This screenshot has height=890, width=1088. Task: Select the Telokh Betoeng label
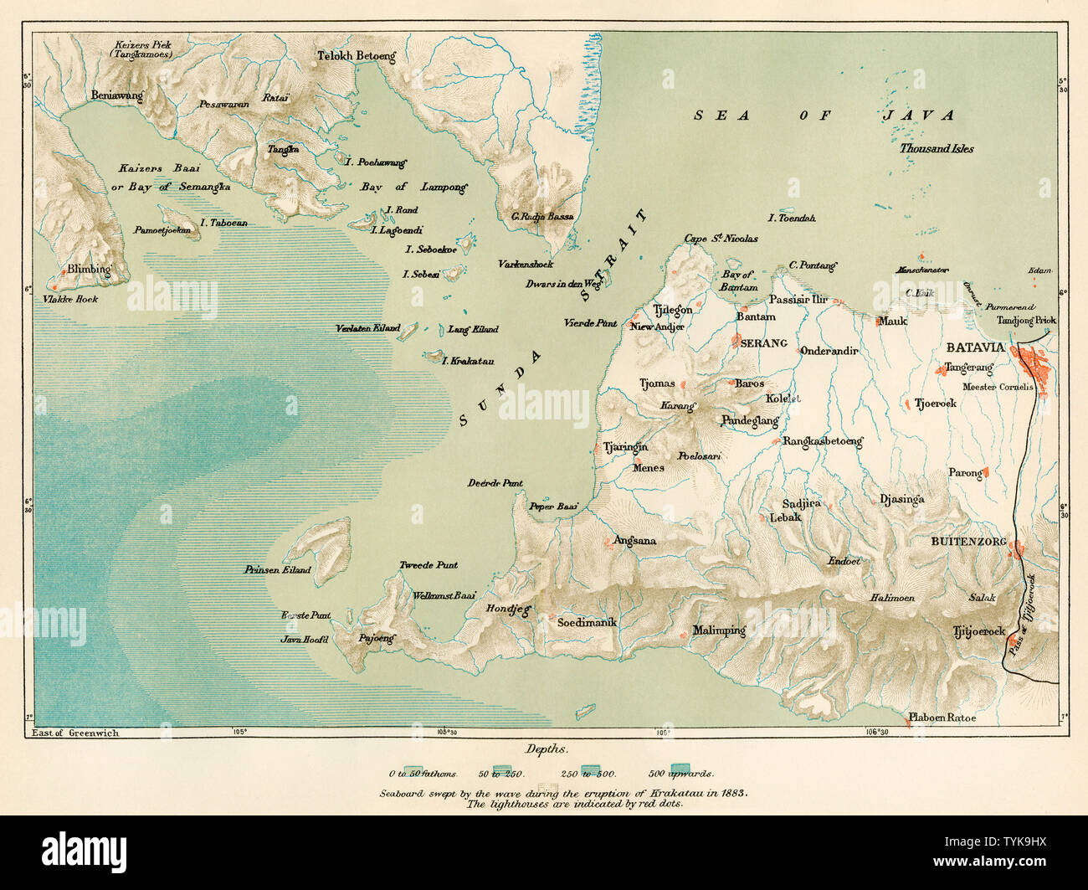(x=356, y=57)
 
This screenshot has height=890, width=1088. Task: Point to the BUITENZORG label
(x=968, y=542)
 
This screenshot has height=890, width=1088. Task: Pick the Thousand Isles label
(x=937, y=148)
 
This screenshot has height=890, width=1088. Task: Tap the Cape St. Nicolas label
(x=721, y=239)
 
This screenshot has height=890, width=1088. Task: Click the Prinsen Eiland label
(x=277, y=570)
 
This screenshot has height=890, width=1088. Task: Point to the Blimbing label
(x=90, y=270)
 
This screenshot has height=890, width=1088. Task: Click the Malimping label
(x=718, y=630)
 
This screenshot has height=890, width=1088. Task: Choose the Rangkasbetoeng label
(x=822, y=441)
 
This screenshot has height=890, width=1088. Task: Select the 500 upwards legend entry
(x=680, y=774)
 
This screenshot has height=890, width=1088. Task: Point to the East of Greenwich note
(x=75, y=733)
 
